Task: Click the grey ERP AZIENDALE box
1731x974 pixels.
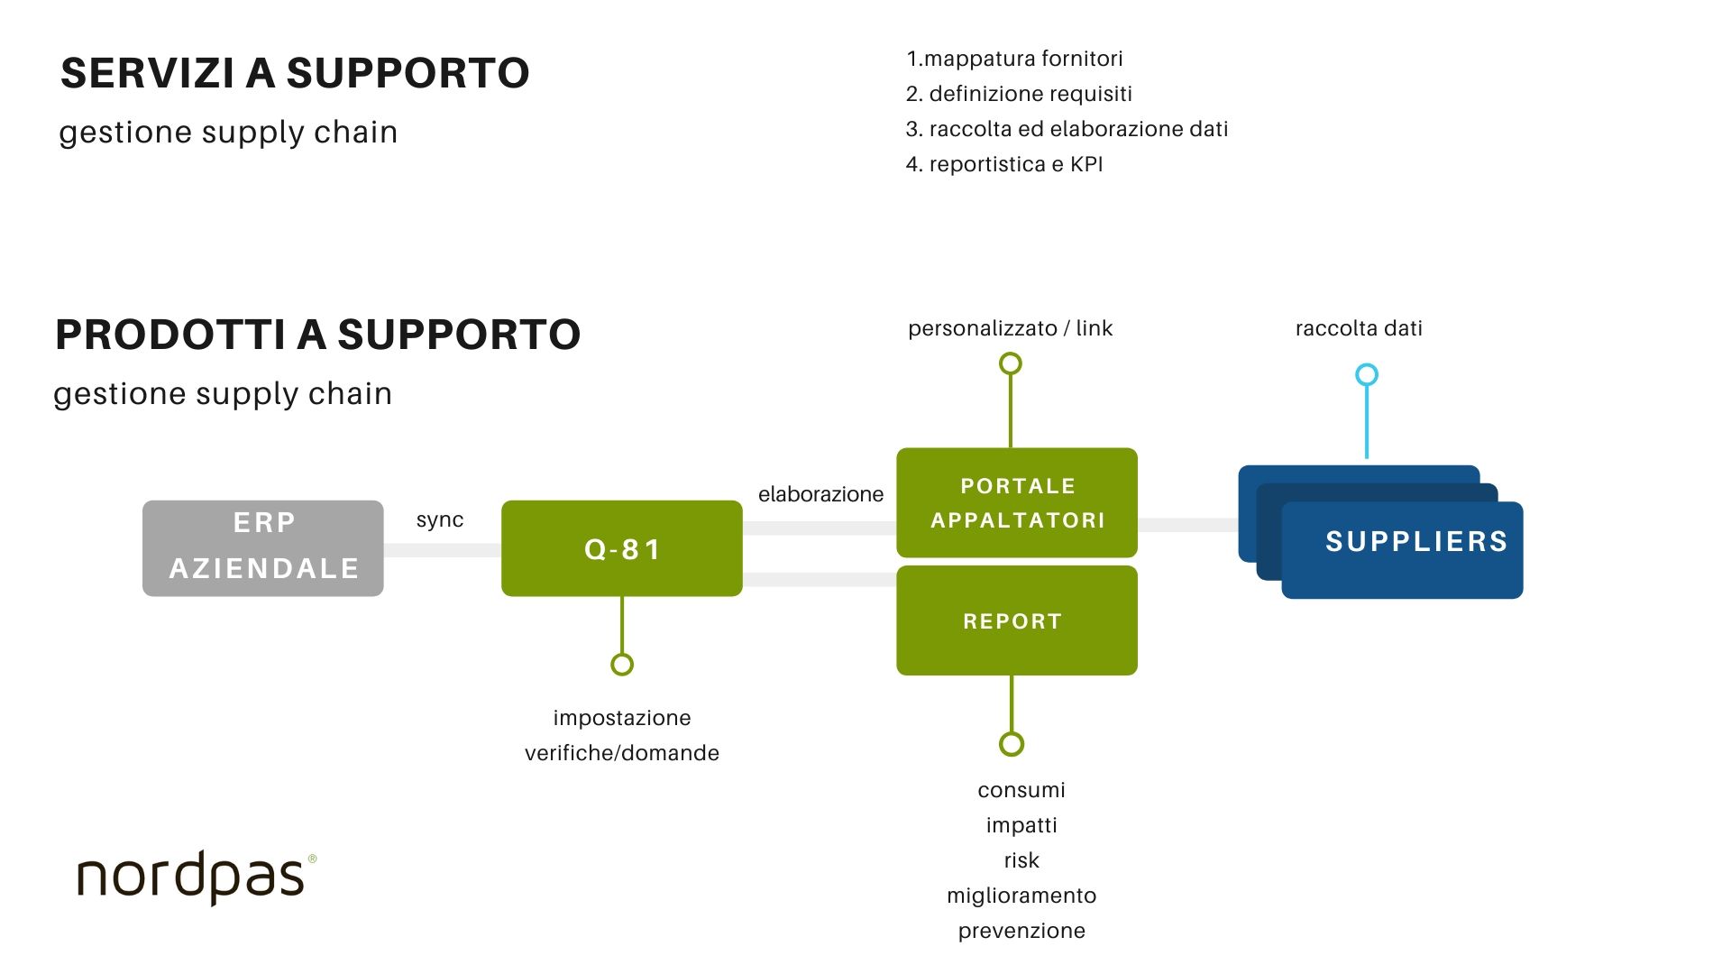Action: point(262,547)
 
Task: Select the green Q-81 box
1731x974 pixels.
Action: point(621,548)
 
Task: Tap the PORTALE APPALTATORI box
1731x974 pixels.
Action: point(1016,502)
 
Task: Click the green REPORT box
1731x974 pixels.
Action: point(1016,620)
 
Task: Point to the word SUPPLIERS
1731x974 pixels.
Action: point(1416,541)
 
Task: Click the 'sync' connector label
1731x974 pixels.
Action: point(440,519)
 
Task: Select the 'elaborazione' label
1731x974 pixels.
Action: point(820,494)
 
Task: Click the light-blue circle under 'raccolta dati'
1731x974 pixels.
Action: point(1367,374)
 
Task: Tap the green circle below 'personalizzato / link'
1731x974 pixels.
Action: point(1011,363)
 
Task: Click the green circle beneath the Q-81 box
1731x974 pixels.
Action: point(622,665)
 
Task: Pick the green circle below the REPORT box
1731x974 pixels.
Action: point(1012,744)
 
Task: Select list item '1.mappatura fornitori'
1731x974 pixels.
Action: point(1014,59)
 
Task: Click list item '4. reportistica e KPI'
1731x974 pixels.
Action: point(1004,164)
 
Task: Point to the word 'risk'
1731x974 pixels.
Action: point(1021,860)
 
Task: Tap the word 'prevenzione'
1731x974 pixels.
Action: point(1021,931)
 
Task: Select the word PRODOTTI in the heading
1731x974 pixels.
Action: point(170,335)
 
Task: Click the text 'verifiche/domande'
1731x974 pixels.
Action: point(622,753)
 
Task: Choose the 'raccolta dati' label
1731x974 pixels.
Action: point(1359,328)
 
